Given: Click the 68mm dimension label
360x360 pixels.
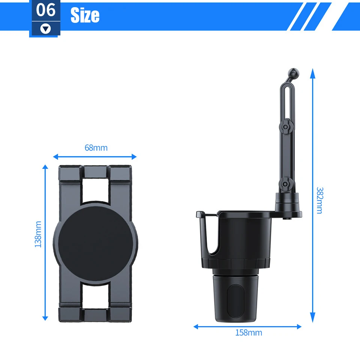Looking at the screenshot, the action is (96, 148).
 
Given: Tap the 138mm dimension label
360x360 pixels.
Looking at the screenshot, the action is (38, 234).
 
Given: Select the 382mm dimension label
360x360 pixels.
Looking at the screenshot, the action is (319, 200).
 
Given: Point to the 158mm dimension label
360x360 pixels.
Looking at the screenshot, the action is (249, 333).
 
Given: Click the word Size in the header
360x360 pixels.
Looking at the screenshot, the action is (85, 15).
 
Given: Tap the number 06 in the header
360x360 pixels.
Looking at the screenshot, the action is (46, 10).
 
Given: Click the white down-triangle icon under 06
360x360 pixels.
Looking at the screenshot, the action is (46, 29).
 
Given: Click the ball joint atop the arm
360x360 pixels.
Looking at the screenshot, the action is (294, 73).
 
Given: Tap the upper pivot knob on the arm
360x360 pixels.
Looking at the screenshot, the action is (285, 127).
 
